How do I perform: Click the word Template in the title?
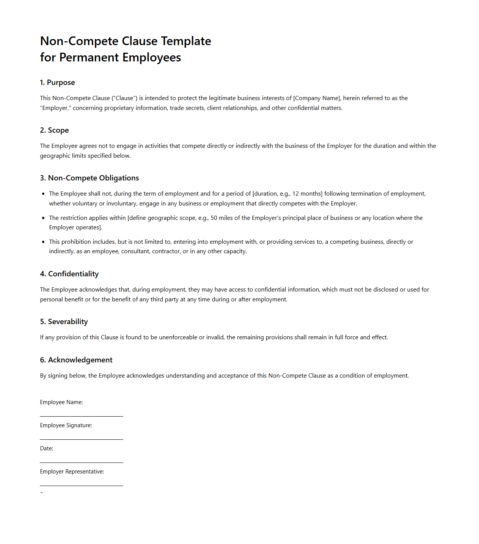click(x=186, y=41)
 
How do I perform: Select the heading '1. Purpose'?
click(x=57, y=83)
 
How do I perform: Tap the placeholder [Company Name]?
click(x=317, y=98)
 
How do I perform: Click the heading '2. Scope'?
click(x=54, y=130)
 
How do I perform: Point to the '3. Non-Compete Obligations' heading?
click(x=90, y=178)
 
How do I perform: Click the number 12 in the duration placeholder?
click(x=295, y=194)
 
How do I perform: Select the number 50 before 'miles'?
click(x=214, y=218)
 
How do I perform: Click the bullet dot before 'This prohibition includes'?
click(x=43, y=242)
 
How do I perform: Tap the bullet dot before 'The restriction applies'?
click(x=43, y=218)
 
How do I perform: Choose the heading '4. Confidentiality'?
click(x=69, y=274)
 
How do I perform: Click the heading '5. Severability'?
click(x=64, y=322)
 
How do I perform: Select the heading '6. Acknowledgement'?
click(x=76, y=360)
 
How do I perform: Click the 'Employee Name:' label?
click(x=61, y=402)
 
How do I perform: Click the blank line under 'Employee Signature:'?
click(x=82, y=439)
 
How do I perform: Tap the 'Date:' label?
click(x=47, y=448)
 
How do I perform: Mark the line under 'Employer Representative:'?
click(x=82, y=486)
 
